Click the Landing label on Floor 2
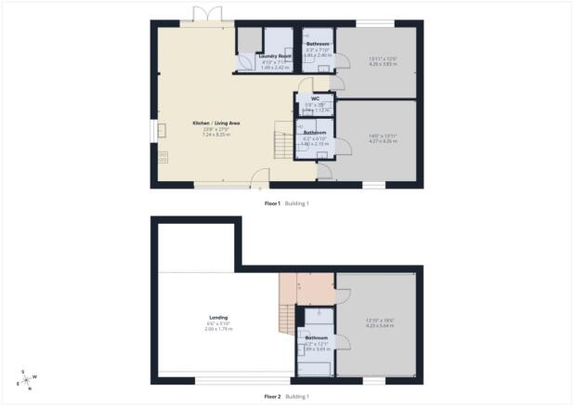(218, 318)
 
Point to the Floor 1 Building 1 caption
(286, 203)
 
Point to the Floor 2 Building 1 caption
(286, 396)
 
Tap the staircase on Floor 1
(284, 142)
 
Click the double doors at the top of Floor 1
(203, 14)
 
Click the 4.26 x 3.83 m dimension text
(358, 64)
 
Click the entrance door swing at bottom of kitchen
(263, 176)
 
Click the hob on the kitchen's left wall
(163, 158)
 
